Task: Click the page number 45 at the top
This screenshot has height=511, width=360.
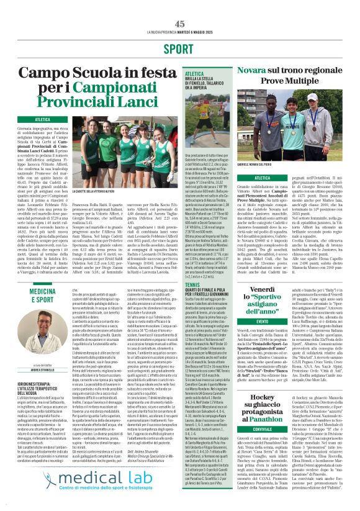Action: coord(180,24)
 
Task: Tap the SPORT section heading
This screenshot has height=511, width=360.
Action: coord(180,48)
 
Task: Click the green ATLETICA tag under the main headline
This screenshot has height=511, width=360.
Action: coord(43,119)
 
